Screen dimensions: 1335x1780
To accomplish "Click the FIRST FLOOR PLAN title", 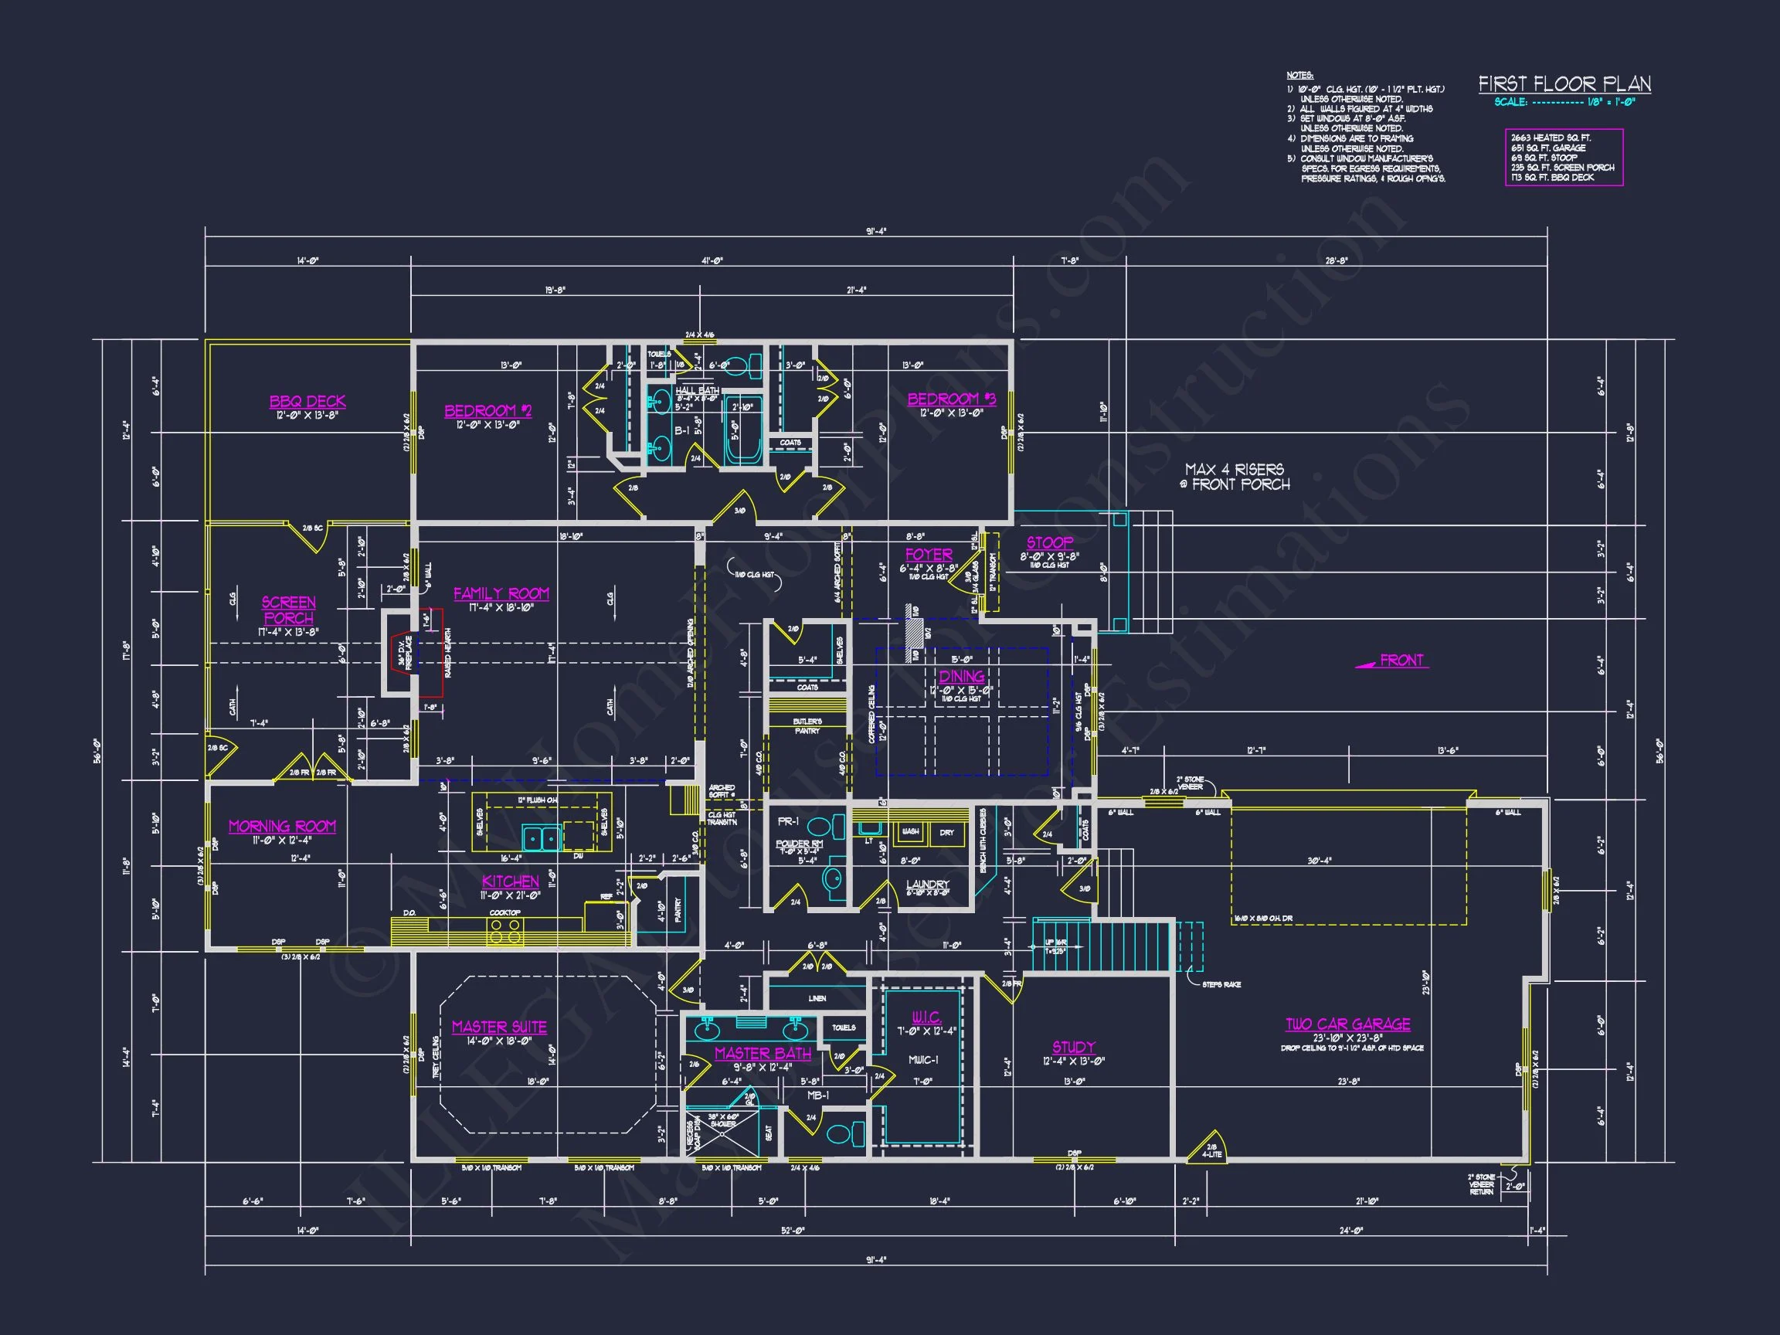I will (1564, 84).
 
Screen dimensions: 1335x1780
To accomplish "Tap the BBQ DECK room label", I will (307, 401).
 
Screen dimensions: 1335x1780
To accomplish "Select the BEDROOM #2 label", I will (487, 411).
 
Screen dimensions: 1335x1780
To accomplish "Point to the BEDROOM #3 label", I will (951, 399).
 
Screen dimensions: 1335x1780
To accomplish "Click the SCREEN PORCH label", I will (288, 610).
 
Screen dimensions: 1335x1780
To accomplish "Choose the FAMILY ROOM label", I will (501, 594).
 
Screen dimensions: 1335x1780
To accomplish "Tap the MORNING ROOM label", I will (282, 827).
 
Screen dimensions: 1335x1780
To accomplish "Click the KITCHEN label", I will (510, 882).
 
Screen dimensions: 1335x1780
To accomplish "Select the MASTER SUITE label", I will (499, 1027).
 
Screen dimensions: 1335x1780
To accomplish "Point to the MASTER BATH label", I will (763, 1053).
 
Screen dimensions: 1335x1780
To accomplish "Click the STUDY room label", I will (1073, 1047).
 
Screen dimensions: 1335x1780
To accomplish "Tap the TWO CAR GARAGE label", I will (1347, 1024).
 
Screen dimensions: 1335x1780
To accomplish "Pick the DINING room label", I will (962, 677).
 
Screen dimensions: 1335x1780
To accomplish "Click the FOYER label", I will (929, 555).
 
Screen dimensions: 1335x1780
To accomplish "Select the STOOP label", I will (1049, 543).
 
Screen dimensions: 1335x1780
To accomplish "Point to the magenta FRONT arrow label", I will (1394, 661).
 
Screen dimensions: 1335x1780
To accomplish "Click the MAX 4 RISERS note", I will (1235, 477).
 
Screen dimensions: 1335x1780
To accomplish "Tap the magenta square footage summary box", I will (1564, 158).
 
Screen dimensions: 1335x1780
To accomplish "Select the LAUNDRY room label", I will (927, 885).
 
